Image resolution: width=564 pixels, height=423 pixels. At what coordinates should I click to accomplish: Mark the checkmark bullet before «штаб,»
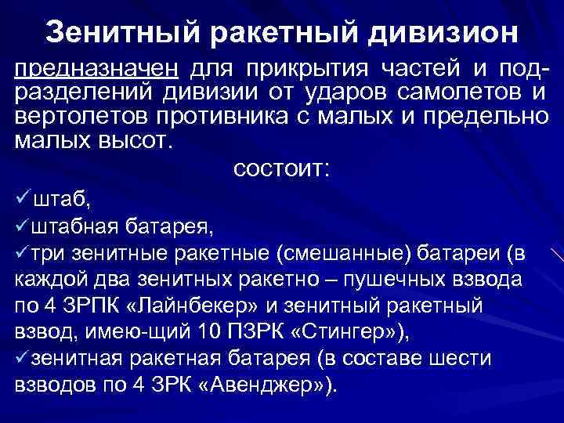23,200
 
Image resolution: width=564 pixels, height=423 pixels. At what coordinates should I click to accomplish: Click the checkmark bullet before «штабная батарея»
23,227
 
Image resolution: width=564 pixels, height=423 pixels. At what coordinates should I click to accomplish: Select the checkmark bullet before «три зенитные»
23,254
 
